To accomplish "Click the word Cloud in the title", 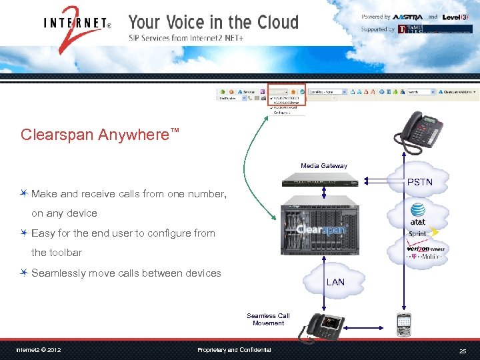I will pos(271,22).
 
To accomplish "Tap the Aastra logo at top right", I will pos(408,17).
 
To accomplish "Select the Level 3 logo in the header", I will pos(456,17).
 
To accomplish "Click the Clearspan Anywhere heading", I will pos(100,135).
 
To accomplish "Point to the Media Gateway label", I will pos(323,165).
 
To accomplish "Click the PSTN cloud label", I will pos(419,182).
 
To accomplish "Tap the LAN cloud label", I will pos(335,282).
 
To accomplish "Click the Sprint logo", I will pos(418,234).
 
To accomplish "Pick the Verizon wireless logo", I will pos(425,249).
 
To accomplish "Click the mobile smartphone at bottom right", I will pos(403,324).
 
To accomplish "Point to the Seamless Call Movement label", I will pos(268,319).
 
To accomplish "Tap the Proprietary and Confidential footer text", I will pos(234,350).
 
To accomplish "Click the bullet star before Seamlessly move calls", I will pos(24,273).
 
